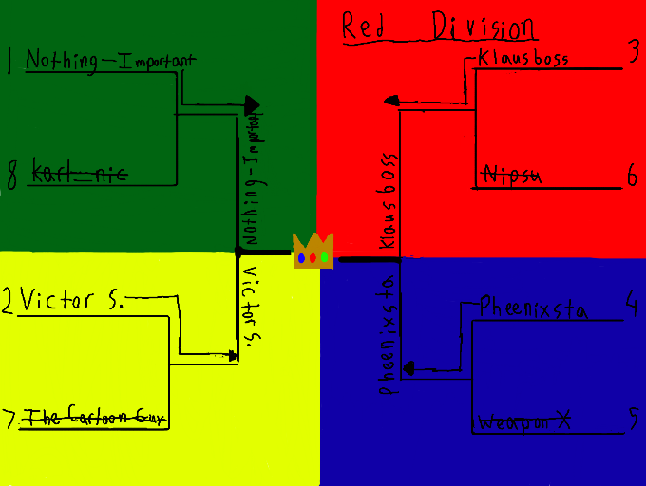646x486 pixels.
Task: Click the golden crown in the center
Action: (x=313, y=252)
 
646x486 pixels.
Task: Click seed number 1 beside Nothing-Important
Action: (x=9, y=61)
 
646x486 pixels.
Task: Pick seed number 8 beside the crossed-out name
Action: (x=11, y=175)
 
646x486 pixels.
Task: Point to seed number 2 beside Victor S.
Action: (x=8, y=301)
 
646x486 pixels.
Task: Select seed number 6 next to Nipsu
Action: (x=633, y=176)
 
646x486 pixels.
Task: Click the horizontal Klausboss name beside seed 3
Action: (x=523, y=59)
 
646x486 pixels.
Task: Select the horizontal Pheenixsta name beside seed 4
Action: (x=533, y=308)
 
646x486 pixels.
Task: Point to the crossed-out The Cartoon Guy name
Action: (x=90, y=417)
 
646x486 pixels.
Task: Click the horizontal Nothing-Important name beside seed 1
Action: (x=109, y=61)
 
